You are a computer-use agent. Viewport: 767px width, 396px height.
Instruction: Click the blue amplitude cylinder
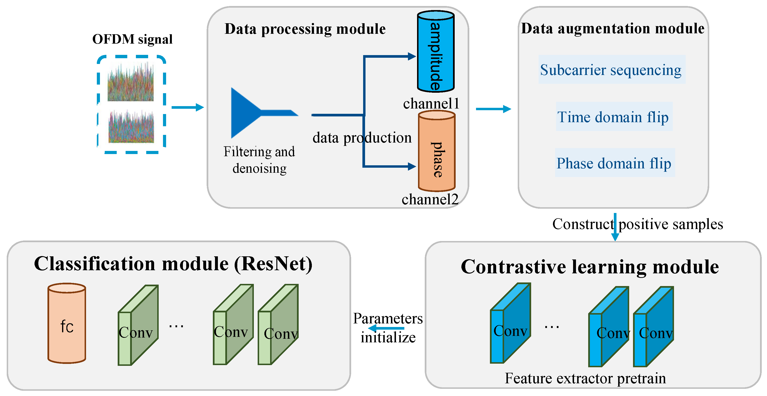point(436,52)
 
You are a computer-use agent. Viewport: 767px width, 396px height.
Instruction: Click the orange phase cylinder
point(436,152)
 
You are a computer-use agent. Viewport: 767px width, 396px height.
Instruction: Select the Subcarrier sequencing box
point(612,70)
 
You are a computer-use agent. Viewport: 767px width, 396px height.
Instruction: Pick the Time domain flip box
point(614,117)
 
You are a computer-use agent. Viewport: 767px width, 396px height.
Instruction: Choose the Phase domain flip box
point(614,163)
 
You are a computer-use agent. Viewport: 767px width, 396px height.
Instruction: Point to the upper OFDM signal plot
point(130,82)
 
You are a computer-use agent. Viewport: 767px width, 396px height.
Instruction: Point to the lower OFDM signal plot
point(131,127)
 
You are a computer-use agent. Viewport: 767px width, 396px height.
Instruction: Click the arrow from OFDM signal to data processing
point(188,107)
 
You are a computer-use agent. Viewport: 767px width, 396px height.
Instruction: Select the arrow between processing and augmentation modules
point(493,109)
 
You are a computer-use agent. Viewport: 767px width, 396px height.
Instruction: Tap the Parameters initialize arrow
point(386,328)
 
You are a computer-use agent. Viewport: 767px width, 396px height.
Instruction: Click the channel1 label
point(431,103)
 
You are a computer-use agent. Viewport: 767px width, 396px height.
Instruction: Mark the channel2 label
point(430,199)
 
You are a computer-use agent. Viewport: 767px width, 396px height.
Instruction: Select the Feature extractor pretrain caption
point(585,379)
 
